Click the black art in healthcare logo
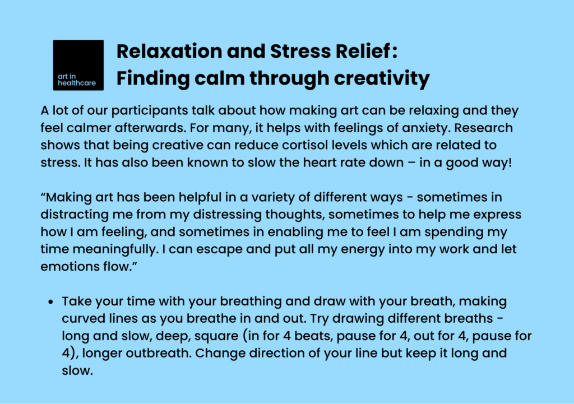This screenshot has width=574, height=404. coord(78,65)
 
